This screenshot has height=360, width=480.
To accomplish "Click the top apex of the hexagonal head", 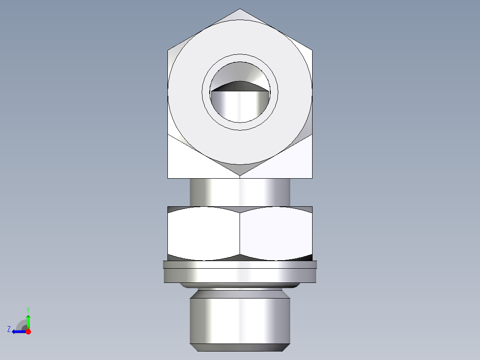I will coord(240,9).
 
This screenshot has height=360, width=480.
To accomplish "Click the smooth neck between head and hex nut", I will coord(240,192).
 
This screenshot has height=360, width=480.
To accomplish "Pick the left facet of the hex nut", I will coord(203,233).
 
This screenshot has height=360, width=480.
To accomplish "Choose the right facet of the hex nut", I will coord(276,233).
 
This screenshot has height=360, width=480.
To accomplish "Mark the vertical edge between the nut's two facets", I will coord(240,233).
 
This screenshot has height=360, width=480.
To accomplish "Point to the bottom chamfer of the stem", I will coord(240,347).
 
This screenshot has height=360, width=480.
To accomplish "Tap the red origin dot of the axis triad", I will coord(28,331).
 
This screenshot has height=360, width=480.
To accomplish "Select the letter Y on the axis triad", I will coord(28,309).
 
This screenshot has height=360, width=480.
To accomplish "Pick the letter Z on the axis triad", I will coord(9,329).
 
